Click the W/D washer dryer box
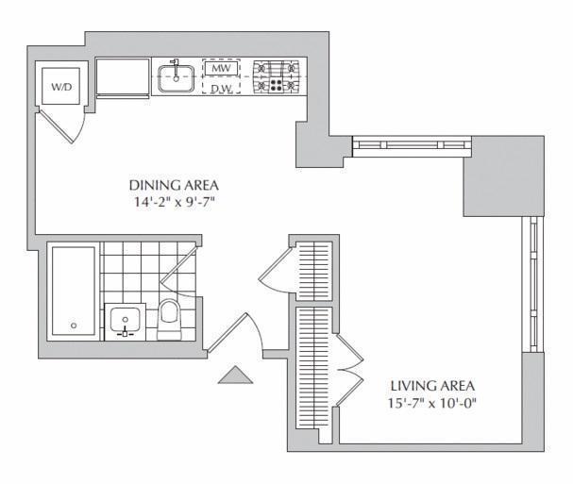coord(61,86)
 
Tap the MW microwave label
coord(221,69)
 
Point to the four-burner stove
coord(277,76)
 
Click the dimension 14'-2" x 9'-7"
coord(169,202)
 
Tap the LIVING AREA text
coord(432,386)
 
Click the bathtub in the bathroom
coord(73,292)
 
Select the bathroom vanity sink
coord(125,321)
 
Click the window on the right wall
coord(533,283)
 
